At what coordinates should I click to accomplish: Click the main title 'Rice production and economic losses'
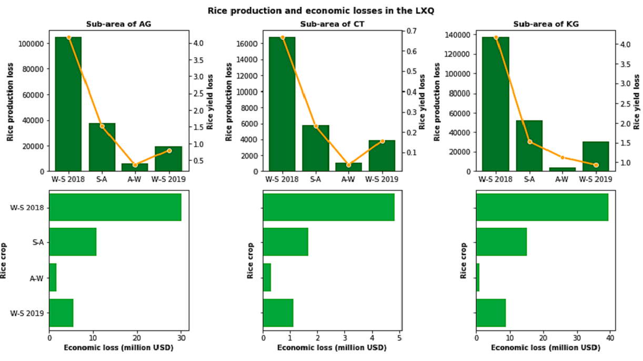pos(321,11)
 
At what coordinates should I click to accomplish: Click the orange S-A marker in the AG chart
pos(102,126)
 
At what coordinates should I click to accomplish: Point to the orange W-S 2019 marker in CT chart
pos(382,141)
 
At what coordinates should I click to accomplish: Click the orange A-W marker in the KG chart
pos(562,157)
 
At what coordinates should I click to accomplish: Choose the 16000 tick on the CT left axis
pos(248,43)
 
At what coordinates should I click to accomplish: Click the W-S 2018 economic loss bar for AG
pos(115,207)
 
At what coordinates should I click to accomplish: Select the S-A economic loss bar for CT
pos(286,242)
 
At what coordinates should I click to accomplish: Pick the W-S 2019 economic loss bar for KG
pos(491,313)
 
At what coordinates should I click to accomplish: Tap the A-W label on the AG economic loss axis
pos(35,278)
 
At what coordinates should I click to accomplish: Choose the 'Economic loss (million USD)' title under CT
pos(331,348)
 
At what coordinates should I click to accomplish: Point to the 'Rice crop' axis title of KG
pos(464,260)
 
